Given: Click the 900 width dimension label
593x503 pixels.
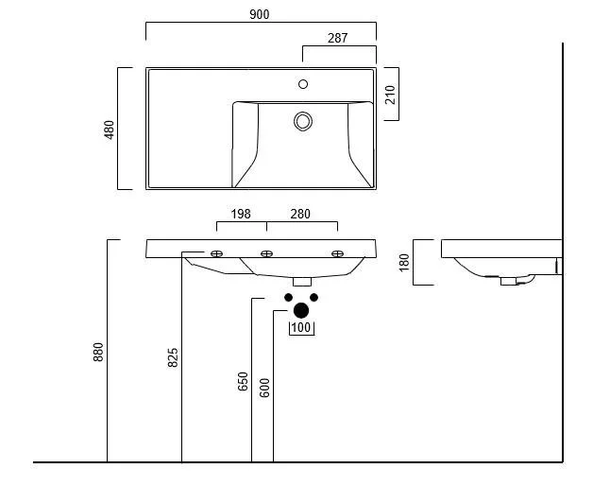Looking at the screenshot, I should click(x=261, y=14).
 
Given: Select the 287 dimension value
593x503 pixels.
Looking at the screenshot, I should click(x=337, y=39).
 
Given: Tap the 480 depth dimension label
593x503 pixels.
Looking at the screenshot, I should click(x=110, y=129).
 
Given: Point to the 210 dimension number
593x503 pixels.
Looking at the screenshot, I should click(x=390, y=95).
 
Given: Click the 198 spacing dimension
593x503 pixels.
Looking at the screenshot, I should click(x=241, y=215).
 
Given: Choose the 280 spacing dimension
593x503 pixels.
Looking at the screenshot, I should click(x=300, y=215).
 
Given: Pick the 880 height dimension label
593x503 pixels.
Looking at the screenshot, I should click(x=98, y=352).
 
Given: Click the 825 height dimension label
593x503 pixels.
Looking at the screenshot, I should click(x=173, y=356).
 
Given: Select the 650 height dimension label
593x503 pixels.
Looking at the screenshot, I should click(x=243, y=381).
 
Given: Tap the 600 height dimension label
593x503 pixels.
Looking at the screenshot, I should click(x=265, y=387).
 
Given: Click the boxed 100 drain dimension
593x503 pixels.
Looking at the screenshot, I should click(x=301, y=328).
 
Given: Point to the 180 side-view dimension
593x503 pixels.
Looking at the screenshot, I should click(x=404, y=262).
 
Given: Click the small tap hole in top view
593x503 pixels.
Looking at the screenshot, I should click(x=303, y=84).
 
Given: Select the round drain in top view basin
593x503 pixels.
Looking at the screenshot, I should click(x=303, y=121).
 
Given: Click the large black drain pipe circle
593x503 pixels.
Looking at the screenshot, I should click(x=301, y=309).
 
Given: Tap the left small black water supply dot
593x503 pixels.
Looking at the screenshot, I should click(x=289, y=297).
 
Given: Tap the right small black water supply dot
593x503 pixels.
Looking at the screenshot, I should click(x=314, y=297).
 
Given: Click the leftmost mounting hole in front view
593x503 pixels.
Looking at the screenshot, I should click(x=216, y=253).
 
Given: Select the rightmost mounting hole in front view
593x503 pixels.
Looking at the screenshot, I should click(x=337, y=253).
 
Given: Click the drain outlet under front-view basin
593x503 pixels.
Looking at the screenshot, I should click(x=302, y=281).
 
